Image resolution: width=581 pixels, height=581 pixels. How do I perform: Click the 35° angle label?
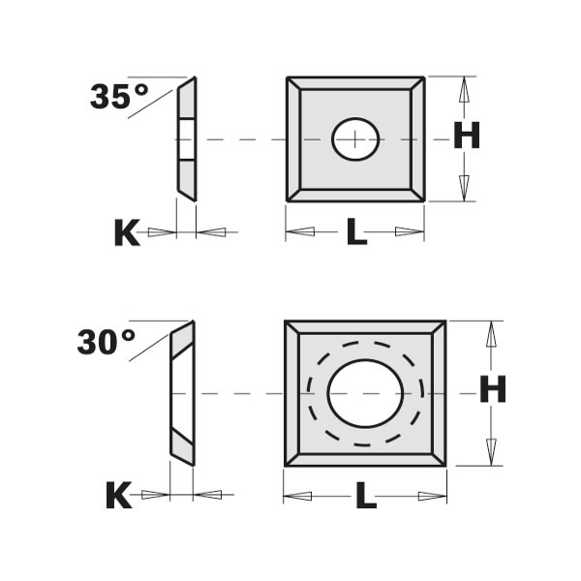(119, 96)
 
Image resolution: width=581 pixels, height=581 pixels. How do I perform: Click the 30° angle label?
(107, 341)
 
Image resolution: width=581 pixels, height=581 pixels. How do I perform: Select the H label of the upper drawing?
(466, 138)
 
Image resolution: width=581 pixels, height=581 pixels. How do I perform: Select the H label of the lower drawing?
(494, 391)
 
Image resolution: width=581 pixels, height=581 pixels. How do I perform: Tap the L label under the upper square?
(356, 232)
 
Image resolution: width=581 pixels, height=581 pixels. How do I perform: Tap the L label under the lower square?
(365, 497)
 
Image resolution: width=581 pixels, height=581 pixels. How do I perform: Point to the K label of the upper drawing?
(126, 232)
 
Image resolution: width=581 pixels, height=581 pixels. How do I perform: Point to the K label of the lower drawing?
(117, 497)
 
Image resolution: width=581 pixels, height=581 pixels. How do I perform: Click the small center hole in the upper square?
(355, 139)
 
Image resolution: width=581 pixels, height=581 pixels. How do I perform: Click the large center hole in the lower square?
(365, 393)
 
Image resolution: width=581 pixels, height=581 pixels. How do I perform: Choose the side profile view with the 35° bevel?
(186, 138)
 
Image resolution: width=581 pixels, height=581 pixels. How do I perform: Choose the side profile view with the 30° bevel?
(182, 393)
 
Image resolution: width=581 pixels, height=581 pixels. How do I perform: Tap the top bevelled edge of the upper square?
(355, 84)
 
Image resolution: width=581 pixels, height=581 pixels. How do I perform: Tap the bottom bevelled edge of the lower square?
(365, 456)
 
